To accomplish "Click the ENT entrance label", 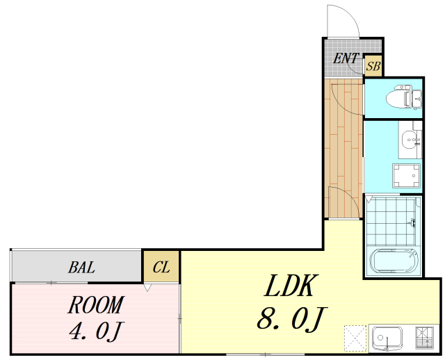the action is pos(346,58).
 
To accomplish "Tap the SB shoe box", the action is pos(373,67).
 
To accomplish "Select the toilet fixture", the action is pos(404,97).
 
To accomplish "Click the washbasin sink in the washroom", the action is pos(410,139).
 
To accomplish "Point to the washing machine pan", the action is pos(406,176).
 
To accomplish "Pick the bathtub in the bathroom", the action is pos(394,261).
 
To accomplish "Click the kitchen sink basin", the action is pos(387,338).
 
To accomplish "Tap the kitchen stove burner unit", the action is pos(425,338).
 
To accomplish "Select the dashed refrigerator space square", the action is pos(355,338).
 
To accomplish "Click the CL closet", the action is pos(161,267).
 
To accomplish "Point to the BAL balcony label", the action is pos(81,268).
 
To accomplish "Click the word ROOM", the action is pos(96,305).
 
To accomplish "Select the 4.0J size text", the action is pos(95,331).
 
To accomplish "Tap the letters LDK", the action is pos(289,286).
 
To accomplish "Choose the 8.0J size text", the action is pos(292,318).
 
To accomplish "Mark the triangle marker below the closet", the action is pos(147,288).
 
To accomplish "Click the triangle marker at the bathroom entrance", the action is pos(369,199).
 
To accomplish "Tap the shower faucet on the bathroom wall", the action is pos(412,222).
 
